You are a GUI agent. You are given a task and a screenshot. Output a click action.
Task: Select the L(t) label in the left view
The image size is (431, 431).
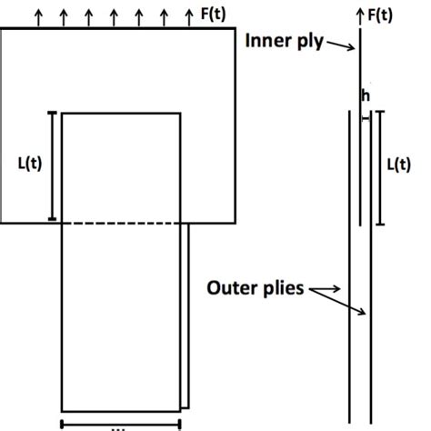point(31,166)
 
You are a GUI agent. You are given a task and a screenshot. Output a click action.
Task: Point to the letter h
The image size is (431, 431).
point(365,95)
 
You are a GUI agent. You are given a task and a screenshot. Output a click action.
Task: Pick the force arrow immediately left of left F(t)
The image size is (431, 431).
point(187,15)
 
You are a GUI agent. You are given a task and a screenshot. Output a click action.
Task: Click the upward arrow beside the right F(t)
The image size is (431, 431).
point(361,15)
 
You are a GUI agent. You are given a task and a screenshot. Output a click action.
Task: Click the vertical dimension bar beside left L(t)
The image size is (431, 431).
point(53,166)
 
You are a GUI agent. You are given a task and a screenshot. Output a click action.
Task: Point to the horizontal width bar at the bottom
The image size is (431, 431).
point(120,422)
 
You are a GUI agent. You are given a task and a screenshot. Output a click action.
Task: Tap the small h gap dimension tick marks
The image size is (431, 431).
point(366,115)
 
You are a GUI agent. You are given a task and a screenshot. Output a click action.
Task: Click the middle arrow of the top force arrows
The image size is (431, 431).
point(114,15)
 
